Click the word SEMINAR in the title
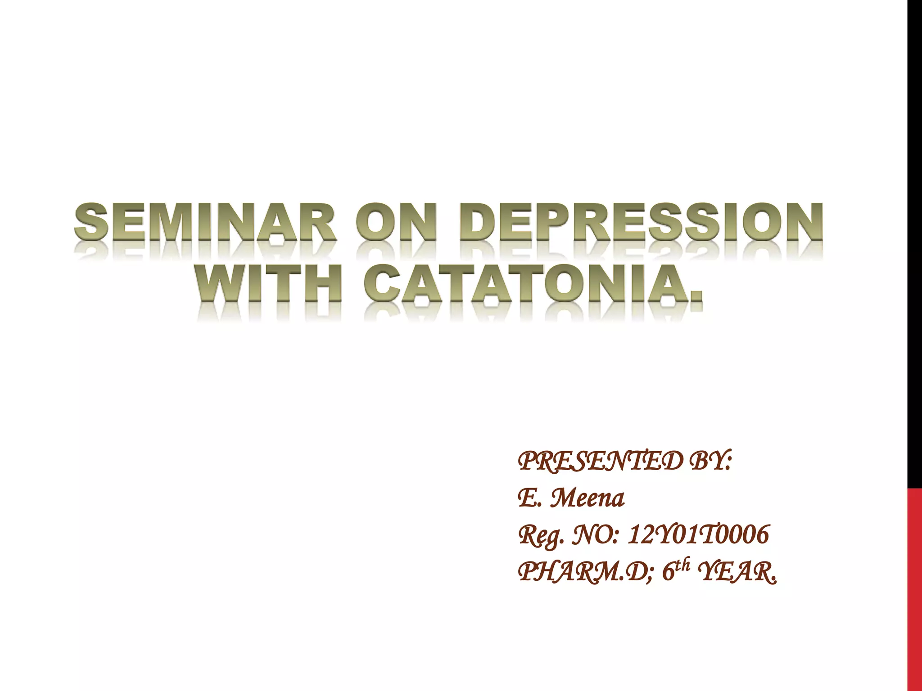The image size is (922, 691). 205,224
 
